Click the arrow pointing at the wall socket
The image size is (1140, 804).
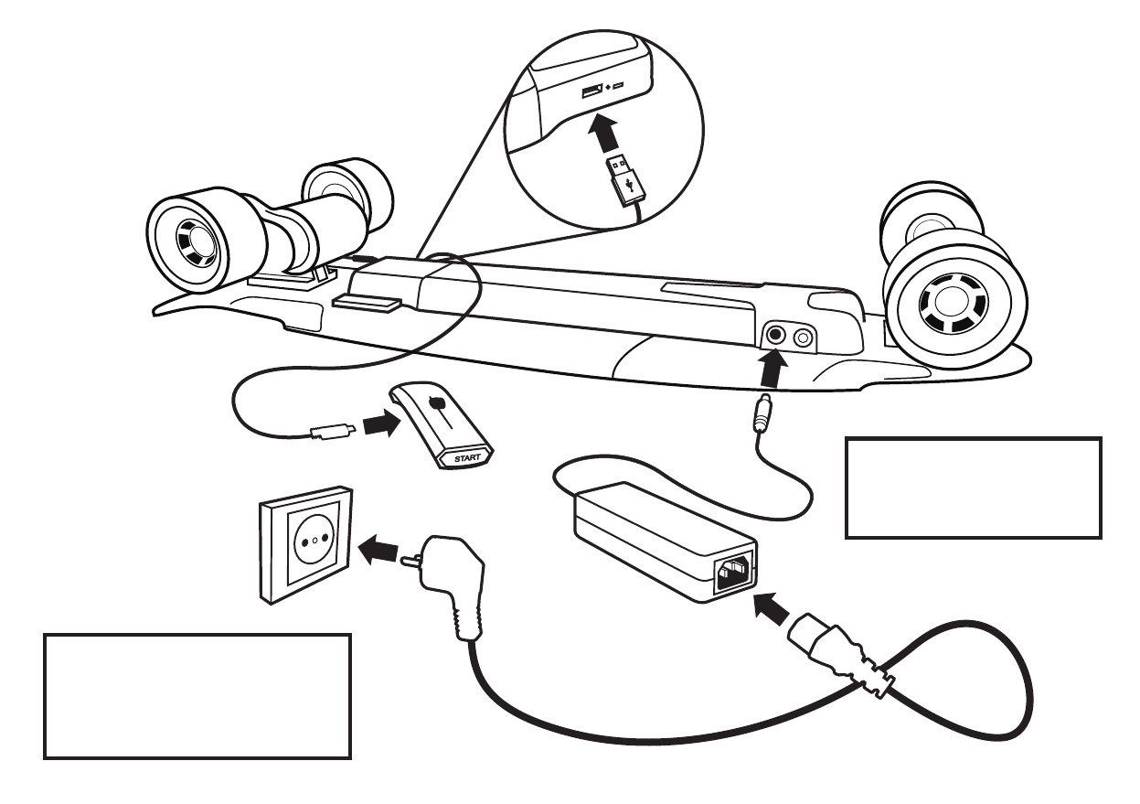tap(378, 549)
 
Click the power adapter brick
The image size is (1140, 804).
tap(658, 541)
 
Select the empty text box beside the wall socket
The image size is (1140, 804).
tap(197, 696)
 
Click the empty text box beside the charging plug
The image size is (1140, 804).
tap(974, 488)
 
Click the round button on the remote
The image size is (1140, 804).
tap(436, 402)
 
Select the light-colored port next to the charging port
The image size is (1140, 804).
tap(804, 338)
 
